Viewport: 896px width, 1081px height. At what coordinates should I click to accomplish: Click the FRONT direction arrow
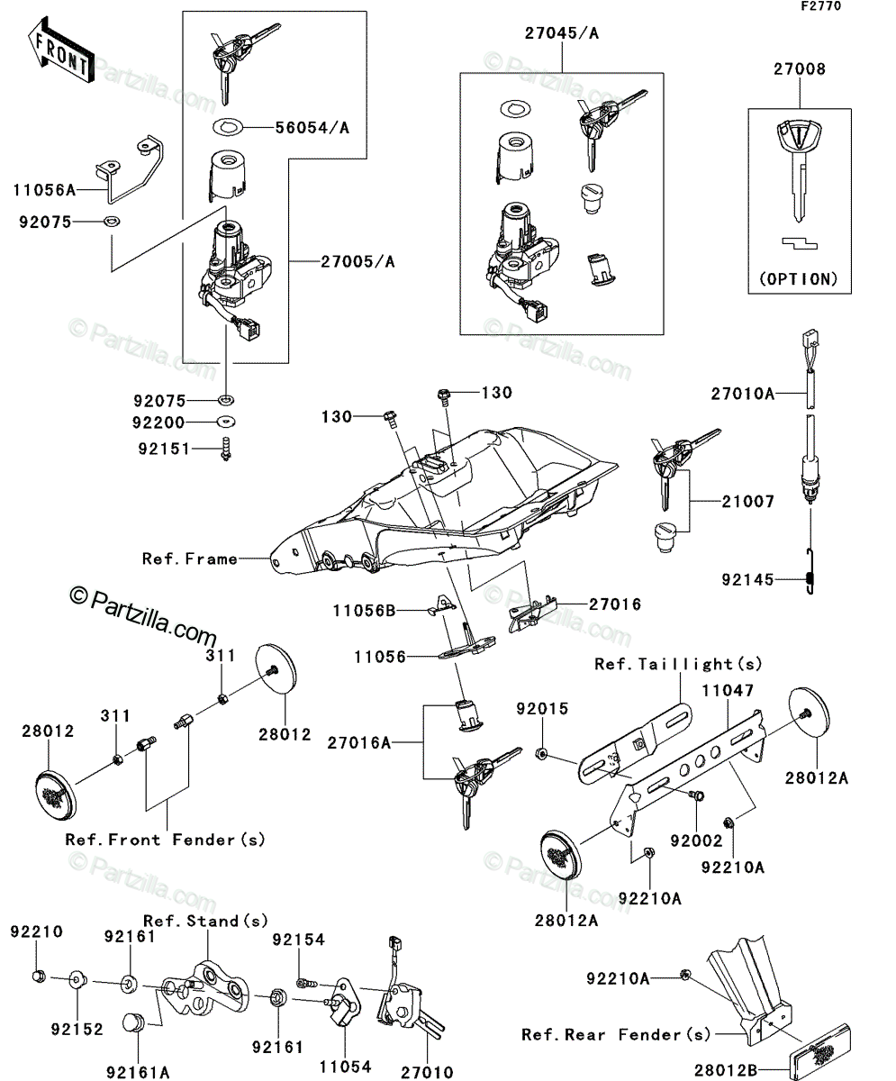(x=61, y=50)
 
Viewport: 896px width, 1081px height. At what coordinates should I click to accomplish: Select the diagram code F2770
(x=821, y=6)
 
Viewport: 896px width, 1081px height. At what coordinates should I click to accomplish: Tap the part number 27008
(x=800, y=68)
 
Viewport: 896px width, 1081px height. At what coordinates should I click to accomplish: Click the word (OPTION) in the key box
(x=798, y=279)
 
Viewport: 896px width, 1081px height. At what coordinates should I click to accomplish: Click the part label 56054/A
(x=312, y=127)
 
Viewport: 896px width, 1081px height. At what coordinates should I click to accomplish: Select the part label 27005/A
(x=357, y=261)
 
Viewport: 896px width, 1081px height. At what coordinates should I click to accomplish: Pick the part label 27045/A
(x=562, y=33)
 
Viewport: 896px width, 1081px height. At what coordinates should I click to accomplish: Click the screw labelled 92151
(x=226, y=449)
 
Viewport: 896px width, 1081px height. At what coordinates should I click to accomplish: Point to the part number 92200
(x=158, y=422)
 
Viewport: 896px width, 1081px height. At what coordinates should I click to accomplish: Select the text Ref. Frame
(x=190, y=559)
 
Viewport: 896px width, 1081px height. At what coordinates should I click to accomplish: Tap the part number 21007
(x=748, y=501)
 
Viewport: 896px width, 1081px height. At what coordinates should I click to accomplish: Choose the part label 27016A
(x=358, y=743)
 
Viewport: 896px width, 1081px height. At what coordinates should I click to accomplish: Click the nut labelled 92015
(x=541, y=753)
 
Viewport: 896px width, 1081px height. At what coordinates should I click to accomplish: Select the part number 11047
(x=728, y=690)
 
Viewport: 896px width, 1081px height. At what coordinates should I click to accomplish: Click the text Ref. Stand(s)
(x=205, y=921)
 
